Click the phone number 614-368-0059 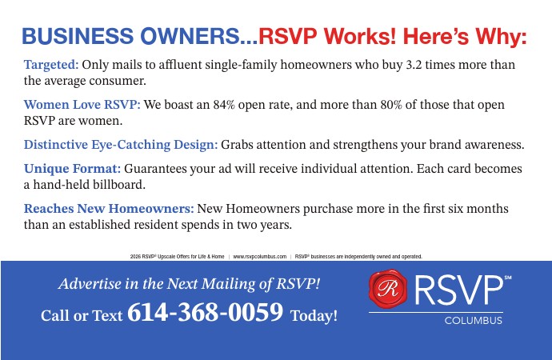click(206, 312)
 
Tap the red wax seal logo click(388, 289)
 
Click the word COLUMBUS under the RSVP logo click(473, 321)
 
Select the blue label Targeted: click(51, 65)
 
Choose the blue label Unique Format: click(72, 169)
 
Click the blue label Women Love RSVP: click(82, 105)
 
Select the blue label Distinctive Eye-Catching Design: click(121, 145)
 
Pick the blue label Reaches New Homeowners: click(109, 208)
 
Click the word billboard click(119, 184)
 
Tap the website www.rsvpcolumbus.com click(260, 257)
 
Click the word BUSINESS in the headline click(78, 36)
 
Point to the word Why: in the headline click(501, 36)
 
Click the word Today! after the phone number click(314, 315)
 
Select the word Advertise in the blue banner click(90, 284)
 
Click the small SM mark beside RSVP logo click(508, 278)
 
